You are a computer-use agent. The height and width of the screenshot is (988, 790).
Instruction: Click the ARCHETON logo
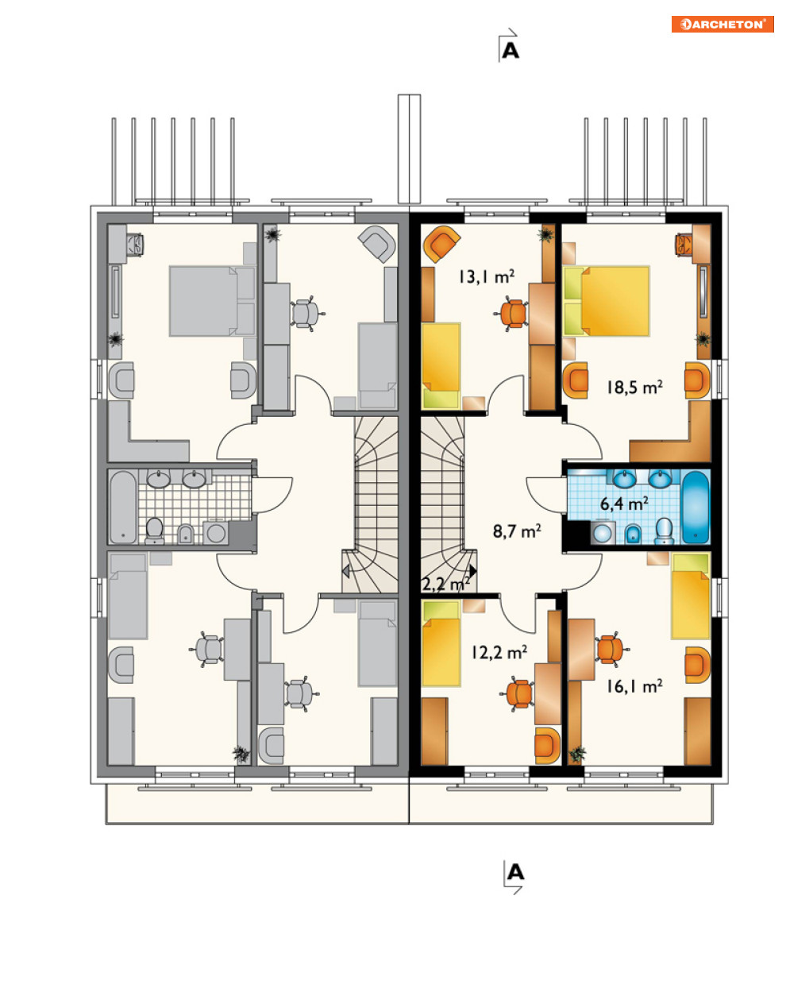[x=722, y=24]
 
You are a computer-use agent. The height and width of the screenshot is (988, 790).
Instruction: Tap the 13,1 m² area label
[x=486, y=277]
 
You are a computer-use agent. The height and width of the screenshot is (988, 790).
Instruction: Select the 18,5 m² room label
[x=634, y=388]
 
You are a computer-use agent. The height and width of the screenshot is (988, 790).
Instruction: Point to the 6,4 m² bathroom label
[x=624, y=504]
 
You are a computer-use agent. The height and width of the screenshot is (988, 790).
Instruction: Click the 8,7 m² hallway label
[x=517, y=531]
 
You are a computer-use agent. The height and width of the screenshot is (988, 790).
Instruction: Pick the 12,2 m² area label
[x=499, y=652]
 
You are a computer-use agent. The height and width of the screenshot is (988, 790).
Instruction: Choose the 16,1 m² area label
[x=634, y=686]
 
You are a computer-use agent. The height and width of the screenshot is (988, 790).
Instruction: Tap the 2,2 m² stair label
[x=445, y=584]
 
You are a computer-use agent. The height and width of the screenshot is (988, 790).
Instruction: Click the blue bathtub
[x=696, y=508]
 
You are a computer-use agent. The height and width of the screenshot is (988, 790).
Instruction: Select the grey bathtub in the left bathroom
[x=123, y=508]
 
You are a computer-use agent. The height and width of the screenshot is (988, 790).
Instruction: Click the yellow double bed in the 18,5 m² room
[x=607, y=301]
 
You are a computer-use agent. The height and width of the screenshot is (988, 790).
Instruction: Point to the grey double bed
[x=212, y=301]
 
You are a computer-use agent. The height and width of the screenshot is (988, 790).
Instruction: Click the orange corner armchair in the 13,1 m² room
[x=441, y=244]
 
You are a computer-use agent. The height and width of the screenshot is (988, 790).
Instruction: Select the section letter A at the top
[x=511, y=51]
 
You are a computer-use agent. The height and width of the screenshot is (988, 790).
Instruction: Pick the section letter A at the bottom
[x=515, y=872]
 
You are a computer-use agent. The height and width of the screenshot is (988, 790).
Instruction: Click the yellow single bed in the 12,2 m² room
[x=441, y=644]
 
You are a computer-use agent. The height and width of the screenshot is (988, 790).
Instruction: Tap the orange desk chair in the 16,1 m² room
[x=612, y=650]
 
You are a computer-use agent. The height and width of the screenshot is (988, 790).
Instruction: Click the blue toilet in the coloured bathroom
[x=665, y=531]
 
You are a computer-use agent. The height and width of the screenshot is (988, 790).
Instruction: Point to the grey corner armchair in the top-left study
[x=377, y=244]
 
